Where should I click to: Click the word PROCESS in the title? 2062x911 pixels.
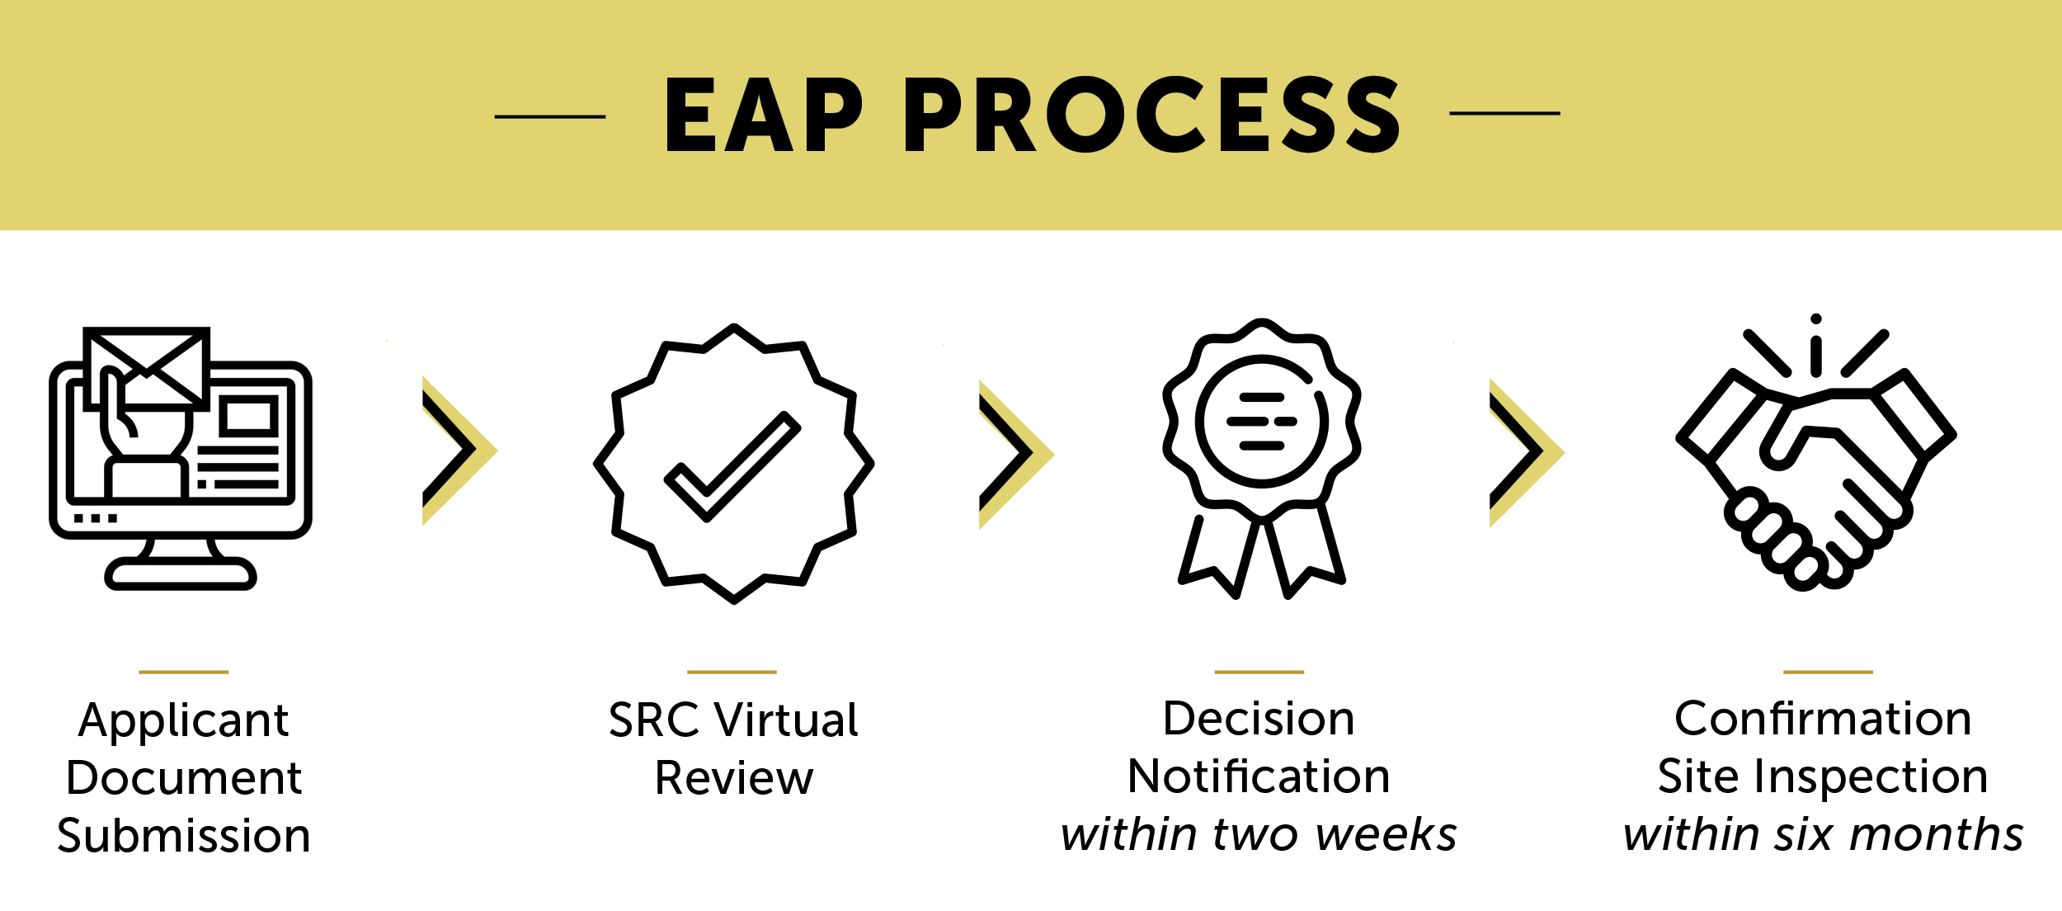point(1152,115)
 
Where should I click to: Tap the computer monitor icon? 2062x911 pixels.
point(180,459)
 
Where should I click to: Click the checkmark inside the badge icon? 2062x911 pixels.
point(732,466)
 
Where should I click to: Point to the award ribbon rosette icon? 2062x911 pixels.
point(1261,458)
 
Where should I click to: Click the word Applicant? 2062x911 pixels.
point(184,721)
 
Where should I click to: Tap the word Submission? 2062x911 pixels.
point(184,837)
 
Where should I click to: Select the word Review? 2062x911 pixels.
point(734,778)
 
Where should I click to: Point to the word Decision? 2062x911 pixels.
point(1259,719)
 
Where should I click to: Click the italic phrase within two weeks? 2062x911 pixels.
point(1259,835)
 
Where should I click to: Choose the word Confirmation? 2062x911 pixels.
point(1823,719)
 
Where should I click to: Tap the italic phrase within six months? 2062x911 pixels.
point(1823,835)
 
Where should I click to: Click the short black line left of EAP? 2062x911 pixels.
point(550,116)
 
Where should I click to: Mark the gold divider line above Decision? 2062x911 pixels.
point(1259,672)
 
